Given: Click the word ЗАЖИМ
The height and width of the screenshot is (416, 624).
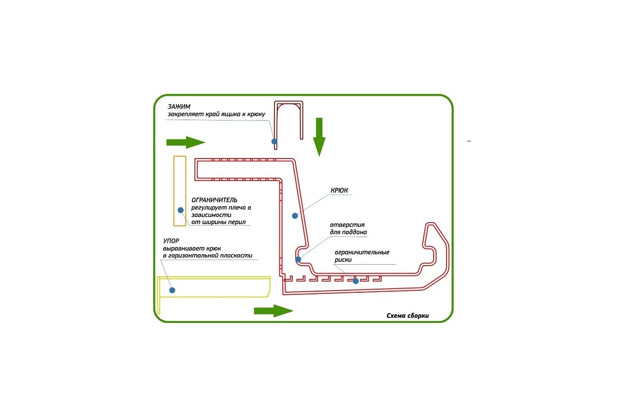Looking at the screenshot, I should (x=176, y=107).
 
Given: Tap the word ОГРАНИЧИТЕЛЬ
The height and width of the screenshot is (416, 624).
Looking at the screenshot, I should (x=215, y=200).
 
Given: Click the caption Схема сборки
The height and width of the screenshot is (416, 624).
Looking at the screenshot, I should (x=408, y=315).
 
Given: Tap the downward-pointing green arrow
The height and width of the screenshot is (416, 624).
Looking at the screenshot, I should (x=319, y=136).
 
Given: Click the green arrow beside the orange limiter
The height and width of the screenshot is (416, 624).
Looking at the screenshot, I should (x=185, y=142).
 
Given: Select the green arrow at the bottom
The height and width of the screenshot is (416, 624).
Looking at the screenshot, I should (x=273, y=310).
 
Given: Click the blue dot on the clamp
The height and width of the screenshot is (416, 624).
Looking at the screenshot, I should (x=274, y=141).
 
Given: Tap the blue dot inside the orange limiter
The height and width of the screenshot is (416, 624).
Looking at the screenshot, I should (x=180, y=210).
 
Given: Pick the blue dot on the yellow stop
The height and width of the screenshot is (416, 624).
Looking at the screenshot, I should (x=172, y=290).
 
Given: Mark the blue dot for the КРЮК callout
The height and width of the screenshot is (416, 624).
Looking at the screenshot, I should (x=294, y=215).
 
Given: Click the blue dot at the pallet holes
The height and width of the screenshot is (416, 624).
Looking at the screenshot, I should (x=298, y=259).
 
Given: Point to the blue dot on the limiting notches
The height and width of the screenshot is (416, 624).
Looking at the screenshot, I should (x=356, y=281).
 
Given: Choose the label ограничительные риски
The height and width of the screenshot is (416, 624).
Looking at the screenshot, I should (x=362, y=256).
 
